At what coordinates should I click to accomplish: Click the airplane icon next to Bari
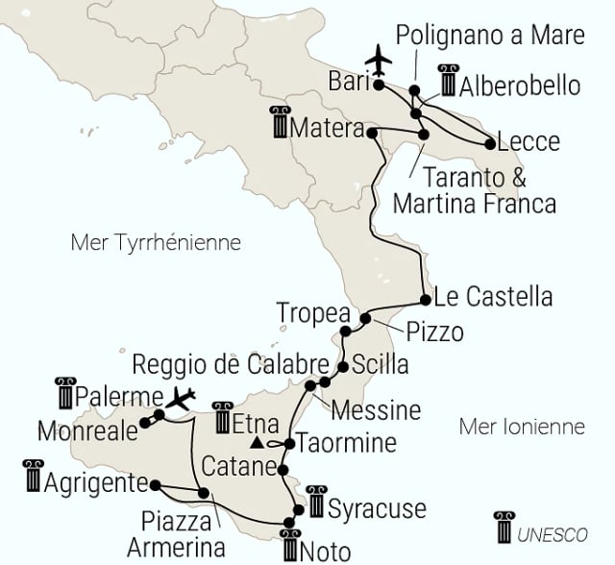point(381,59)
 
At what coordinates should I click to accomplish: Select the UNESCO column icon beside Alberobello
point(447,85)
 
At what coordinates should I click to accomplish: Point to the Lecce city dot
point(490,145)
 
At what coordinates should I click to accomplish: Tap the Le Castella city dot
point(425,299)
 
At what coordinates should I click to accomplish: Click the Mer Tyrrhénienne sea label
point(155,242)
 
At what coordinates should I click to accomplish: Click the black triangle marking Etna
point(257,444)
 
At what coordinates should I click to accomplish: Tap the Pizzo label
point(434,332)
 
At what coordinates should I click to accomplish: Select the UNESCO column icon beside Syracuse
point(313,506)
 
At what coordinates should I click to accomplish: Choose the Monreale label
point(88,431)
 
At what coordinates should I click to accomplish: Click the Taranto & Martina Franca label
point(475,190)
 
